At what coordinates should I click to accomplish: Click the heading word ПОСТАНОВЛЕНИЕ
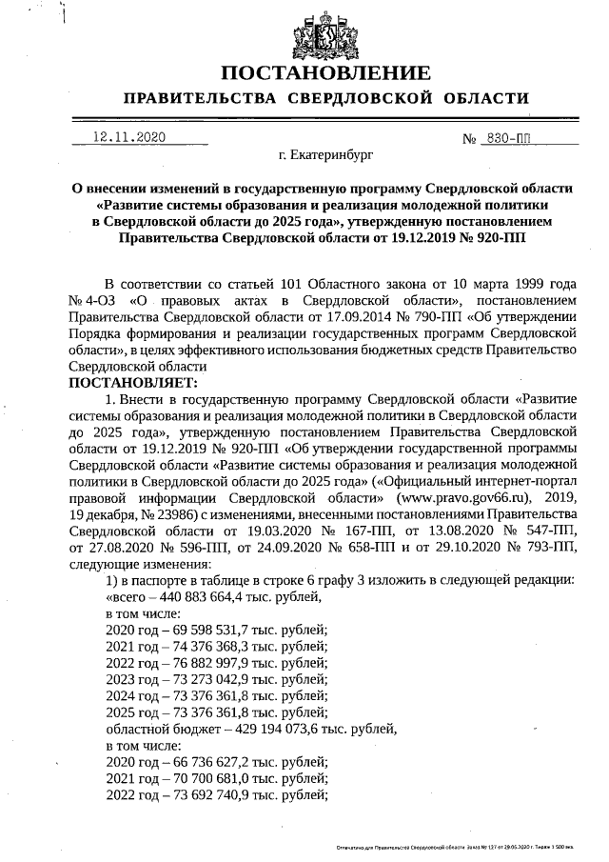coord(325,72)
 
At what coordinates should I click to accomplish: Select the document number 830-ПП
coord(507,138)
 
